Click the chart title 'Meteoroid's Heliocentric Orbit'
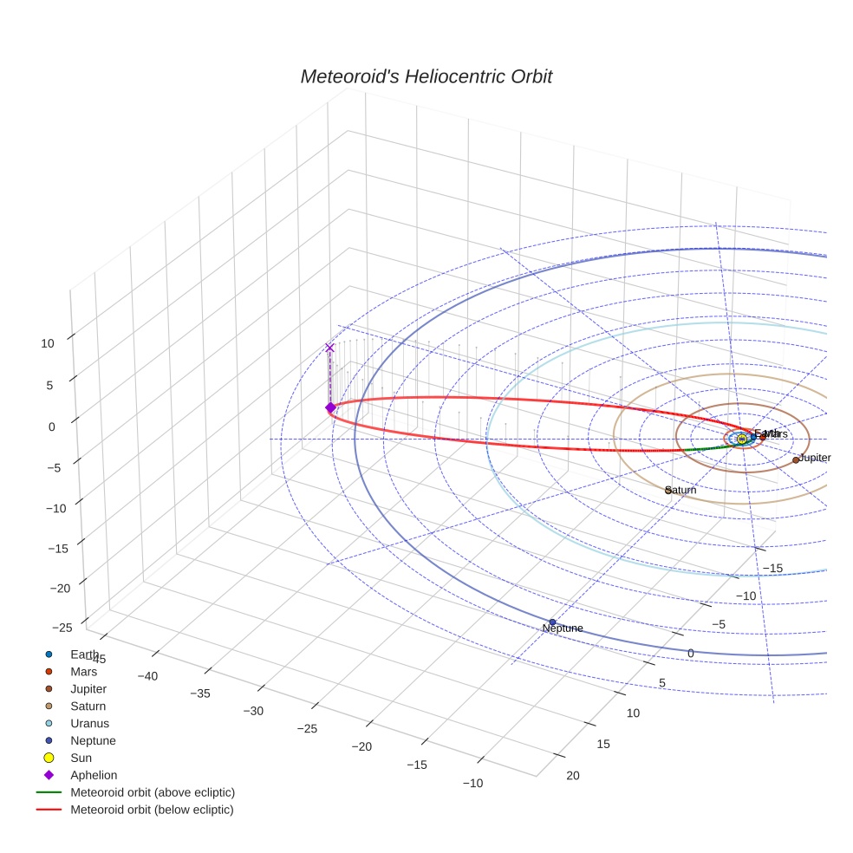click(426, 77)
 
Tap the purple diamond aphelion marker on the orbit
click(329, 407)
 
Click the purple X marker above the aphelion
click(329, 348)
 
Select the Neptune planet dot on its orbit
click(552, 622)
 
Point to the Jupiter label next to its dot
click(815, 458)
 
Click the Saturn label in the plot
click(681, 491)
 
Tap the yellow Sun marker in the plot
click(741, 440)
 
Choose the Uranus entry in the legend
click(89, 723)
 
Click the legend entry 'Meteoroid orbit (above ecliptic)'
click(153, 792)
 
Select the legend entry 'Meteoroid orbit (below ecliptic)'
click(152, 810)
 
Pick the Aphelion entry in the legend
click(94, 775)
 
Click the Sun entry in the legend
click(81, 758)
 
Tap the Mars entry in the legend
click(83, 671)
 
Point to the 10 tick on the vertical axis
click(47, 343)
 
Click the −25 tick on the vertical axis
click(62, 628)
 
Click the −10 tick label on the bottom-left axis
click(472, 783)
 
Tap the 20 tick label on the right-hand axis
click(573, 776)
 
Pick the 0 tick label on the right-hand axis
click(691, 653)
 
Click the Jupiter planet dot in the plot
click(795, 460)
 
